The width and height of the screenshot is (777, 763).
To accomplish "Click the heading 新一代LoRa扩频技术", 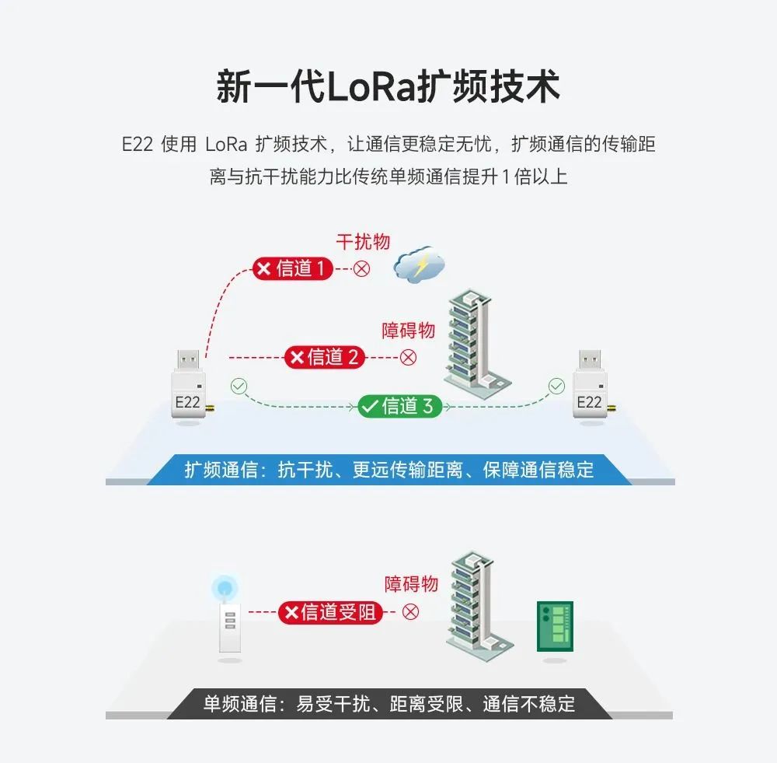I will [388, 87].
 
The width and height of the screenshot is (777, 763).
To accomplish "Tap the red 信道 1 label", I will [293, 269].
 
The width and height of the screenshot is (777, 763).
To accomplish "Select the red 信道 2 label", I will [324, 357].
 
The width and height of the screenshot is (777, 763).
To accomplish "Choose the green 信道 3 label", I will [399, 406].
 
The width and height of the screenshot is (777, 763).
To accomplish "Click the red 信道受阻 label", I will [329, 612].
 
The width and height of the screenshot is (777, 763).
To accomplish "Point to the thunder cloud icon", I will [419, 265].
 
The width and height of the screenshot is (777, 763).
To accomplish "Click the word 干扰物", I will [363, 241].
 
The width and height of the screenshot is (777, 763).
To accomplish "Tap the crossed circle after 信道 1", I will [361, 269].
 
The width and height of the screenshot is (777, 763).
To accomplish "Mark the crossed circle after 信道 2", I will [408, 357].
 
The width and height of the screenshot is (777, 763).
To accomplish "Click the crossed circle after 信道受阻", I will [410, 611].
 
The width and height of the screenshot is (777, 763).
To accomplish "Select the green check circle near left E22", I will [239, 386].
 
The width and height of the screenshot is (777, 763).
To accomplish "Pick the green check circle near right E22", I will [556, 386].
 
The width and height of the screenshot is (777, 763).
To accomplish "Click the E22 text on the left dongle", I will [187, 402].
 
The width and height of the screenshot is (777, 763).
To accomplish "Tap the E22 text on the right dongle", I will [589, 402].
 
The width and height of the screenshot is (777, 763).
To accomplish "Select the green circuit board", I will [555, 627].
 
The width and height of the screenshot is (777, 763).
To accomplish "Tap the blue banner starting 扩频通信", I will [388, 470].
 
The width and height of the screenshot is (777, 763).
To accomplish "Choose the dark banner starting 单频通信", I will [388, 704].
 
